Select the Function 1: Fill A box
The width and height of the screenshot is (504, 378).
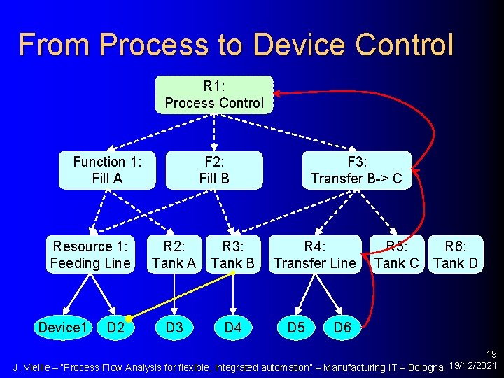coord(107,170)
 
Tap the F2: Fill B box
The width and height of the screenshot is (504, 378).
coord(214,170)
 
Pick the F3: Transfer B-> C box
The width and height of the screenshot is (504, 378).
coord(356,170)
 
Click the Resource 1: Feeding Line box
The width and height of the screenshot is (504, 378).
coord(90,255)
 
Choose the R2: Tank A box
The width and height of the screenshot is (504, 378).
coord(174,255)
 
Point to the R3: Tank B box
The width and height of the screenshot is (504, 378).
coord(232,255)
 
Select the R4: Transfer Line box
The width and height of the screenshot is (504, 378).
coord(315,255)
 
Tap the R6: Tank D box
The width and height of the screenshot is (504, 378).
coord(456,255)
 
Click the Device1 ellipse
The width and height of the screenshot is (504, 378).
coord(63,326)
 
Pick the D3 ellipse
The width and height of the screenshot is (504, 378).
coord(174,326)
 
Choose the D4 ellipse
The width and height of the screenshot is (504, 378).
coord(232,326)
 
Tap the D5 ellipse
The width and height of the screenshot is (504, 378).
coord(296,326)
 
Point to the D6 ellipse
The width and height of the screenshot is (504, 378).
coord(342,326)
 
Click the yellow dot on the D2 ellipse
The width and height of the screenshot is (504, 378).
coord(129,318)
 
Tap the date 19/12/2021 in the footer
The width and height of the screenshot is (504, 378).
coord(474,366)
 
